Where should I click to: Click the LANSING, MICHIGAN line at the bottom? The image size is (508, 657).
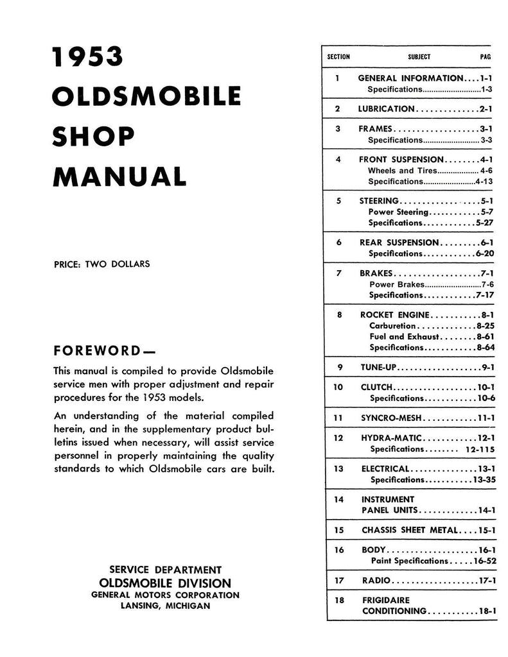point(165,606)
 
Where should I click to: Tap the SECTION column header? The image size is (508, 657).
point(338,56)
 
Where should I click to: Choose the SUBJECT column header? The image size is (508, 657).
point(419,56)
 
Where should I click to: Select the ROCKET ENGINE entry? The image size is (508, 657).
point(393,315)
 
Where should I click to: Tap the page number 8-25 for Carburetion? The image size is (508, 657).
point(482,326)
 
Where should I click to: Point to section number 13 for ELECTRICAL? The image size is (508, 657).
point(338,468)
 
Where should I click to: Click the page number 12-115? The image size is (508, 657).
point(477,449)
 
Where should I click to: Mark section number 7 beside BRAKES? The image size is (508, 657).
point(338,273)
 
